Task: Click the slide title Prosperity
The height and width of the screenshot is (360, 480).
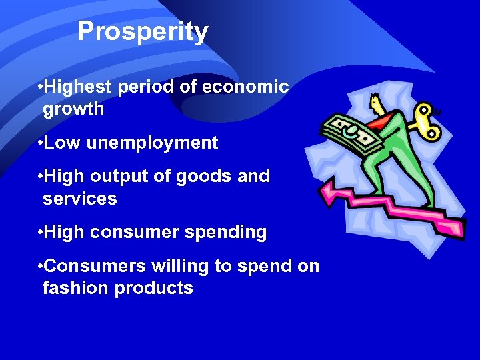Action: [x=143, y=31]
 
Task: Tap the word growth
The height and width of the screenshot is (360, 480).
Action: [x=73, y=109]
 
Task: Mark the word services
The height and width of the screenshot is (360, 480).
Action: [x=79, y=199]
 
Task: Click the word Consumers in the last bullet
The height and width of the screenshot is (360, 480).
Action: [x=87, y=267]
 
